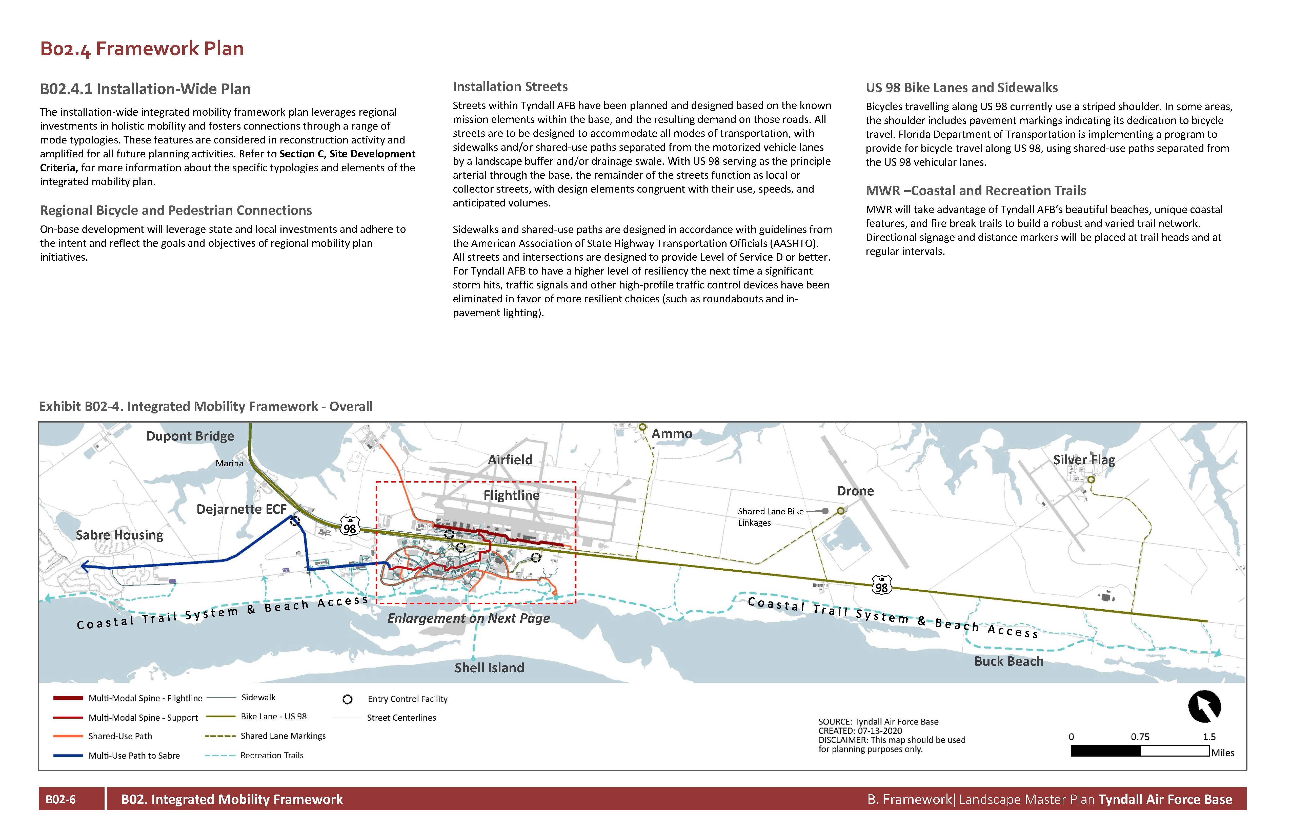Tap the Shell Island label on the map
[489, 668]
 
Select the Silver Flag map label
[1084, 460]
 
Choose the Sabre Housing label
[119, 535]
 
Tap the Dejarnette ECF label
[241, 509]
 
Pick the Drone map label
[855, 491]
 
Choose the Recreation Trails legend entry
[272, 755]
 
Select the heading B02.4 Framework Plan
[142, 49]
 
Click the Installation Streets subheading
[510, 87]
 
